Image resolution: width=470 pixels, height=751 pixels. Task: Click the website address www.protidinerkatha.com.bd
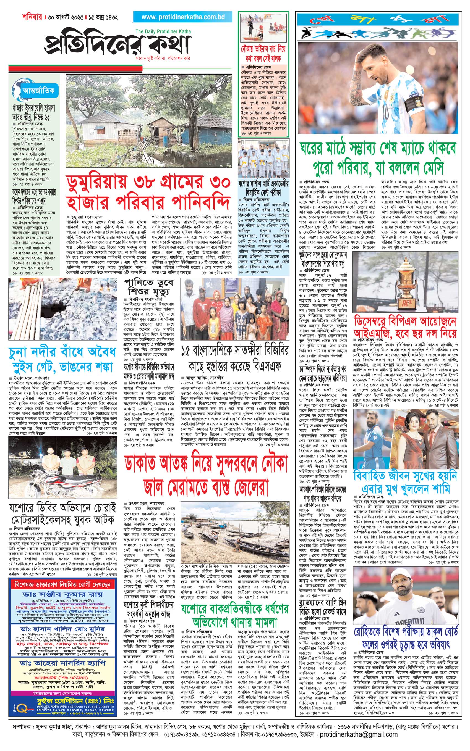(x=183, y=17)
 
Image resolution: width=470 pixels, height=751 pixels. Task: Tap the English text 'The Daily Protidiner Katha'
(x=163, y=31)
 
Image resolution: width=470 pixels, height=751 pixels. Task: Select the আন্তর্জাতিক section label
(x=38, y=91)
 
